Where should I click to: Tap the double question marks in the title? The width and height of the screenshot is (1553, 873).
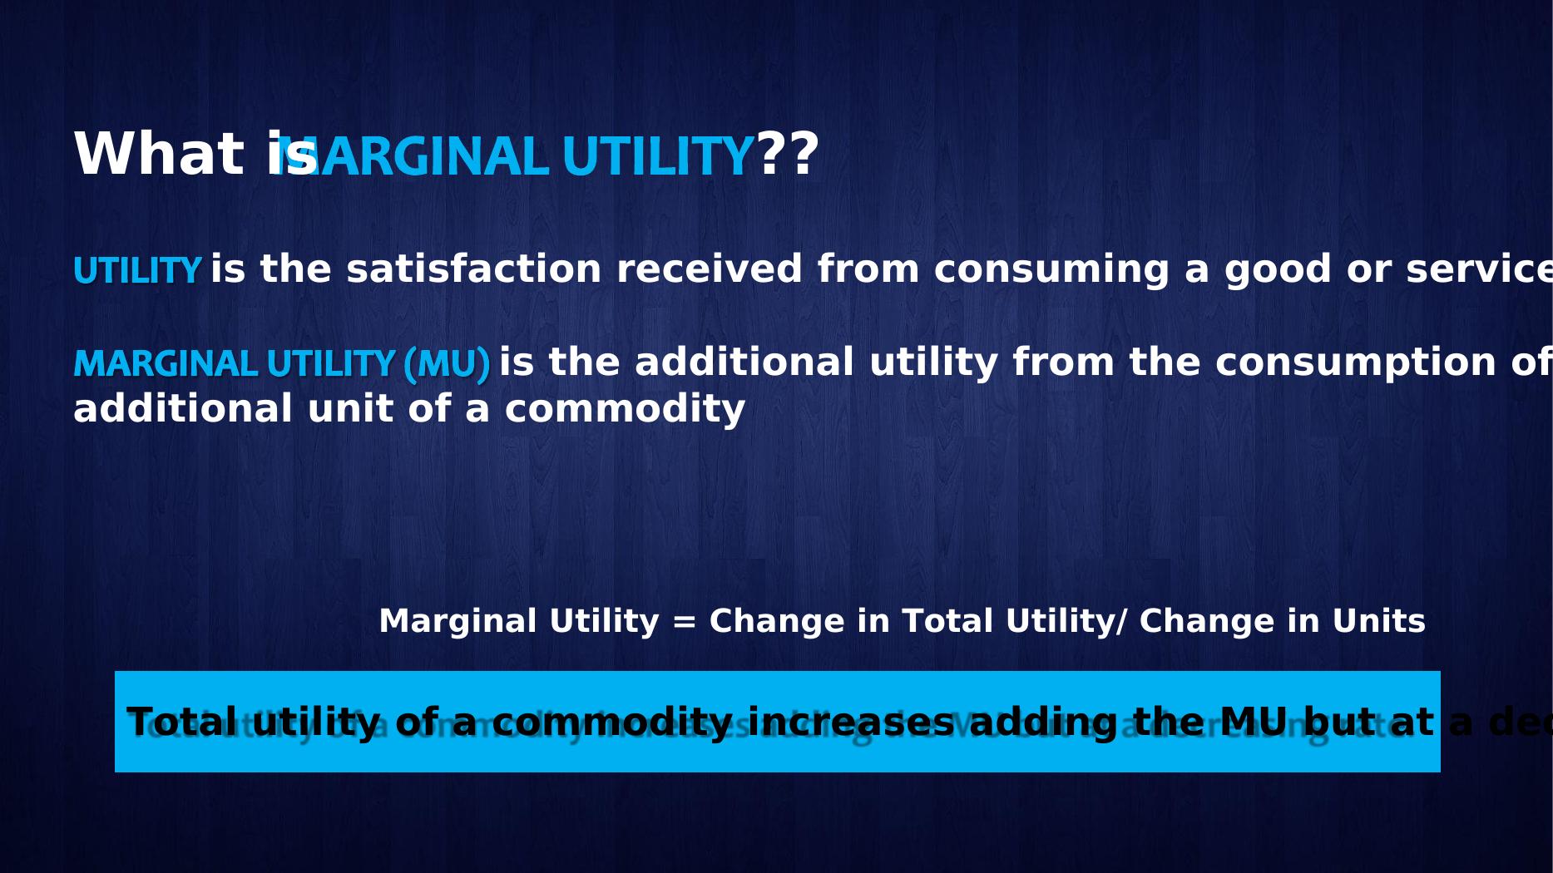[788, 155]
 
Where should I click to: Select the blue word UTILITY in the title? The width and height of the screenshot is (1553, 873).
[657, 156]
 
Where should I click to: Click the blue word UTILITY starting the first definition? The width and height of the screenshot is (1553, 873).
[137, 271]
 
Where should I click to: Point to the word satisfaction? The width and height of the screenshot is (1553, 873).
[473, 269]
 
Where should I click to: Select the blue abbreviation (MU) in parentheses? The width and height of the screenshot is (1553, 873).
[447, 364]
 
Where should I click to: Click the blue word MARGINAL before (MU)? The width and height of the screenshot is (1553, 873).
[166, 364]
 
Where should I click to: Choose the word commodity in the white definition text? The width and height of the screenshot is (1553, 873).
[625, 409]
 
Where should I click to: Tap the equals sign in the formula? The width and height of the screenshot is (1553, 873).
[684, 622]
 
